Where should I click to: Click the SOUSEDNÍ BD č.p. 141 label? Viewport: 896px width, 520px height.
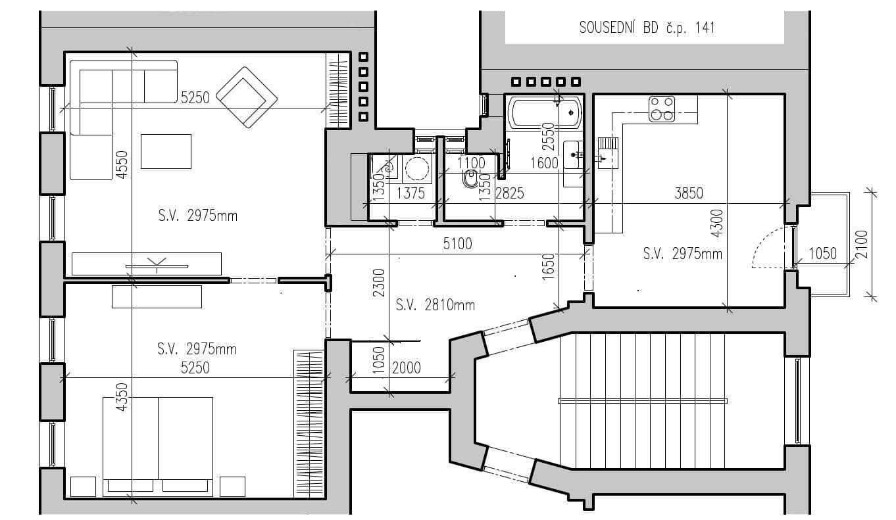[x=646, y=28]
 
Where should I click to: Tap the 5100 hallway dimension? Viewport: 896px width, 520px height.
[x=457, y=245]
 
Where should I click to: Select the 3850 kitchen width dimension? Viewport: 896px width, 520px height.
[x=689, y=193]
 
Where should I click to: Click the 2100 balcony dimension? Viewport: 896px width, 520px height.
[x=862, y=245]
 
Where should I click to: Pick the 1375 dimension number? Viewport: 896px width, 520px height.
[x=410, y=193]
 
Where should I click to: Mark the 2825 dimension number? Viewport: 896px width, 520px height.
[x=509, y=193]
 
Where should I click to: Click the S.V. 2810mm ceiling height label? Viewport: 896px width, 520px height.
[x=435, y=305]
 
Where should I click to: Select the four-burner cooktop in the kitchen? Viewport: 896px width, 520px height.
[x=662, y=109]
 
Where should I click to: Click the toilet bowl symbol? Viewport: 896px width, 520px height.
[x=470, y=179]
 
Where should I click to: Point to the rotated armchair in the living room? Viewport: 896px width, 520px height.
[x=246, y=97]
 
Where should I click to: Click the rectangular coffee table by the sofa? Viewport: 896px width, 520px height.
[x=166, y=151]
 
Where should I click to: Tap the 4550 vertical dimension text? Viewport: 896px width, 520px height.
[x=121, y=165]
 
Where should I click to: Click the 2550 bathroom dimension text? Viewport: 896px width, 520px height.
[x=549, y=134]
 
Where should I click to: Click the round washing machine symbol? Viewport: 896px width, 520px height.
[x=416, y=169]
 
